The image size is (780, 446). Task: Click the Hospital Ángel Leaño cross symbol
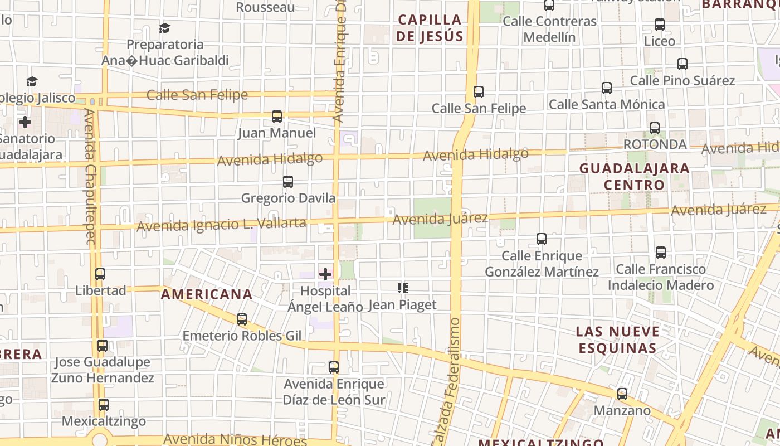(x=325, y=274)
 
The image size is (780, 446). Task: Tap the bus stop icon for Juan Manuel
(x=277, y=117)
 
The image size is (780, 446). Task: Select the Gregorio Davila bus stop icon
(x=288, y=182)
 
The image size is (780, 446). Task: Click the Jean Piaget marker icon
(x=403, y=288)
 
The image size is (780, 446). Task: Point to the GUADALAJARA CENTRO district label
(x=634, y=176)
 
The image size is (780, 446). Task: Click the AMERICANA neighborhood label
(x=207, y=294)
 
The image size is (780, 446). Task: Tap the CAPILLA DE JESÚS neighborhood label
(x=430, y=28)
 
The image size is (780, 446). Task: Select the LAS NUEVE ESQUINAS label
(x=617, y=340)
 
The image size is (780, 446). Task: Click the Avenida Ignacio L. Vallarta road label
(x=221, y=225)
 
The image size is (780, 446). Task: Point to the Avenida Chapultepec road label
(x=90, y=176)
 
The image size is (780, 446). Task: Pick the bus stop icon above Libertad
(x=100, y=274)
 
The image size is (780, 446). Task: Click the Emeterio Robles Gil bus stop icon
(x=242, y=319)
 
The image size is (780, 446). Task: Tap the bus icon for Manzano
(x=622, y=394)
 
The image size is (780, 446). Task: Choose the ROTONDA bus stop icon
(x=655, y=128)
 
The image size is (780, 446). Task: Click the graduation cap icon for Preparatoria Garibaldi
(x=164, y=28)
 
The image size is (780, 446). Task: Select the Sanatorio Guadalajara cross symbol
(x=25, y=122)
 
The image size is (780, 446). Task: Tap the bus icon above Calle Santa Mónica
(x=607, y=88)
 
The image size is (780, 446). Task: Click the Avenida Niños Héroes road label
(x=235, y=440)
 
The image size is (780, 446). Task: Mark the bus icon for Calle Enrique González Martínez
(x=541, y=239)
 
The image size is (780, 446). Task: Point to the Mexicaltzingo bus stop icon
(x=104, y=405)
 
